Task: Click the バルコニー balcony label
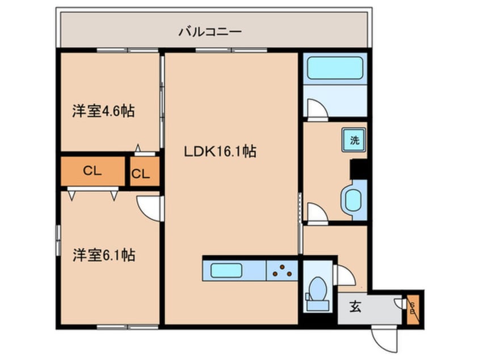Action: point(210,31)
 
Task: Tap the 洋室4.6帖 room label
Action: point(103,111)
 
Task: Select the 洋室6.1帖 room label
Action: point(103,256)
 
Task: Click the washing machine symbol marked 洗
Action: point(354,140)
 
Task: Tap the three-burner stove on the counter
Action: point(282,271)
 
